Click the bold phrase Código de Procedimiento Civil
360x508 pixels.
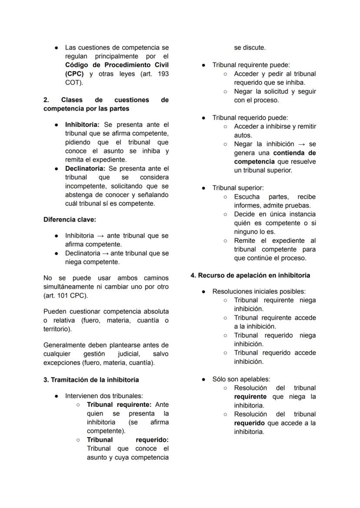tap(117, 65)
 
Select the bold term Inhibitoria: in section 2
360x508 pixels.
tap(82, 125)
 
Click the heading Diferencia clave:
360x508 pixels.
tap(70, 219)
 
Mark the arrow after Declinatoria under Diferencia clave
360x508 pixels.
tap(104, 253)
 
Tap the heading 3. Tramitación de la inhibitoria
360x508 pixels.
tap(91, 380)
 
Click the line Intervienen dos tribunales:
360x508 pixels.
tap(104, 396)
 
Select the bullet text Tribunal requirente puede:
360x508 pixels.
tap(251, 65)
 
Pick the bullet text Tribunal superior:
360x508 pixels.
tap(238, 188)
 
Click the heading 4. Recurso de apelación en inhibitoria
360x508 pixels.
tap(250, 276)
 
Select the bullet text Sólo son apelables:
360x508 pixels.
tap(241, 379)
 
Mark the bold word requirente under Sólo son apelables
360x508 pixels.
tap(250, 397)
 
